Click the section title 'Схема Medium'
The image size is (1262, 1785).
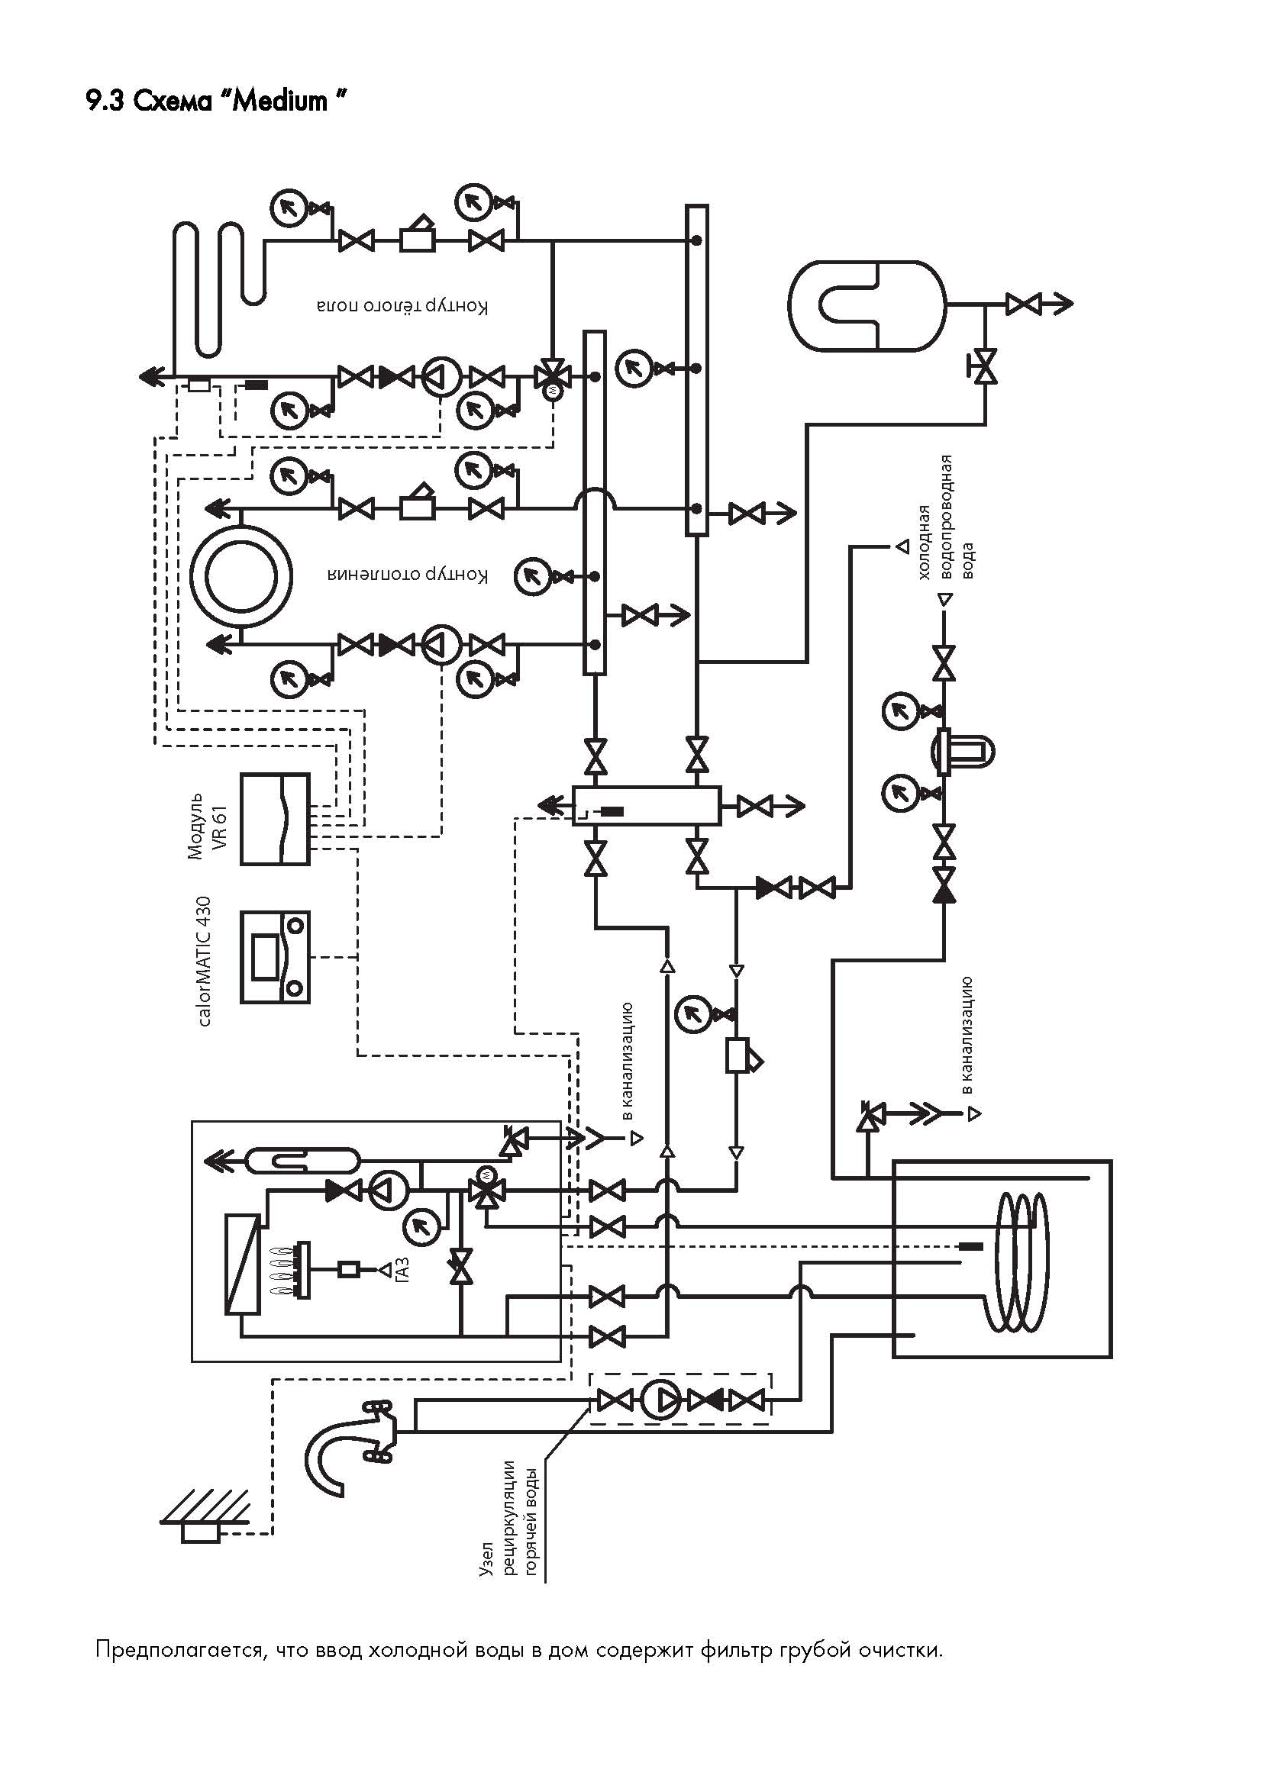point(239,101)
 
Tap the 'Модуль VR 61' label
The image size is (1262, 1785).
point(207,826)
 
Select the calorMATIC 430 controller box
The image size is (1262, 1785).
point(275,957)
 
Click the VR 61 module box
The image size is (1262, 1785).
point(275,819)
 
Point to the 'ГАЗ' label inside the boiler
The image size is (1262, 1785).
point(402,1270)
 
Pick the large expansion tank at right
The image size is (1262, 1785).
point(867,304)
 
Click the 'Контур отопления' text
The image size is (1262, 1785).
point(408,576)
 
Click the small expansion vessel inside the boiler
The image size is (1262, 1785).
point(300,1162)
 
